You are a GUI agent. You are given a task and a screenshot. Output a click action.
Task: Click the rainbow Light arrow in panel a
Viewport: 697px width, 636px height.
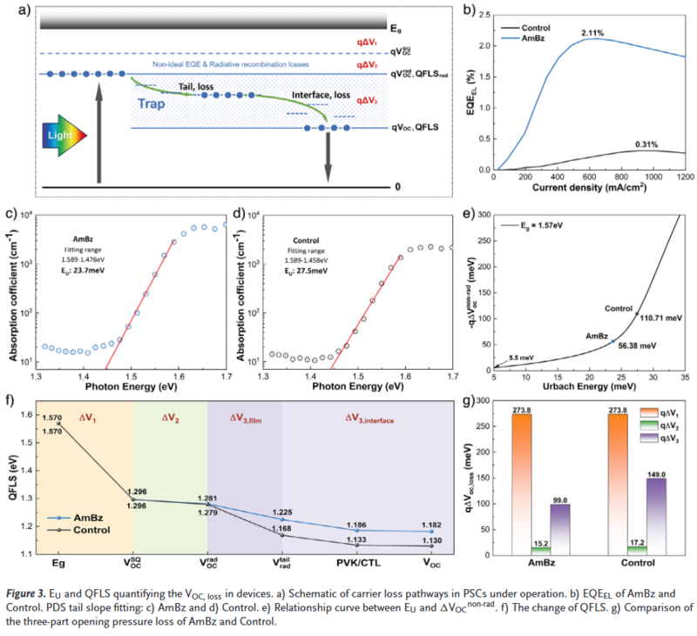62,136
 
